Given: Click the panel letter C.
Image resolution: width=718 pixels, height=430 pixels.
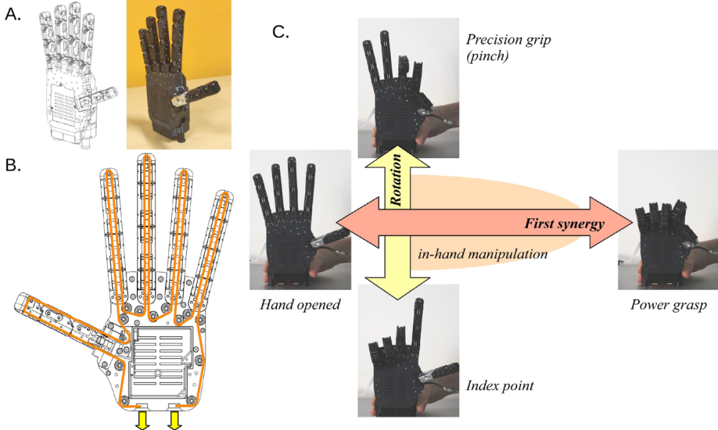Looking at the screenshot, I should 281,31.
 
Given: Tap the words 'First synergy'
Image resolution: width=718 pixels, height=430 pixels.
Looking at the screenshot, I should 564,225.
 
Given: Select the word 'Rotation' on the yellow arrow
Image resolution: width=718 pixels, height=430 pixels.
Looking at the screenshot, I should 397,179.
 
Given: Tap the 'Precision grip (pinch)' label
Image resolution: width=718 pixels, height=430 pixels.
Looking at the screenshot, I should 509,48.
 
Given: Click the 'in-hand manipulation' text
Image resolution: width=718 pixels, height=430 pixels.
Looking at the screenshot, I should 483,253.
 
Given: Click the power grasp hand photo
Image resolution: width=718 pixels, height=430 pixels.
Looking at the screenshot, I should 667,219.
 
